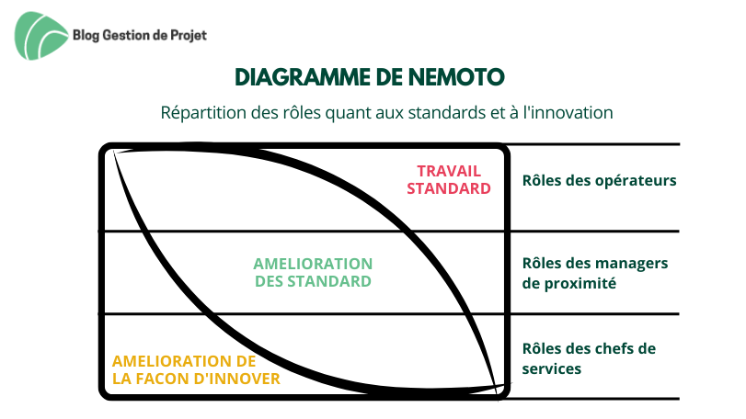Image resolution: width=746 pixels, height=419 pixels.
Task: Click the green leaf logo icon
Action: (x=40, y=36)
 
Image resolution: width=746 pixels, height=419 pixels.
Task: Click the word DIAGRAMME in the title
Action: (x=303, y=77)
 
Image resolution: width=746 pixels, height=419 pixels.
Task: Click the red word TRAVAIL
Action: (x=449, y=171)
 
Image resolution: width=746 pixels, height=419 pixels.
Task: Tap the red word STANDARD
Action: (x=449, y=188)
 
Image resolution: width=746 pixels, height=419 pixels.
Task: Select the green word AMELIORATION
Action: (x=313, y=264)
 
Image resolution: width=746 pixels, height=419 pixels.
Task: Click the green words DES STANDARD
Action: (x=313, y=281)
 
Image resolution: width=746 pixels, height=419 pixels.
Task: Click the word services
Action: (x=552, y=369)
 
